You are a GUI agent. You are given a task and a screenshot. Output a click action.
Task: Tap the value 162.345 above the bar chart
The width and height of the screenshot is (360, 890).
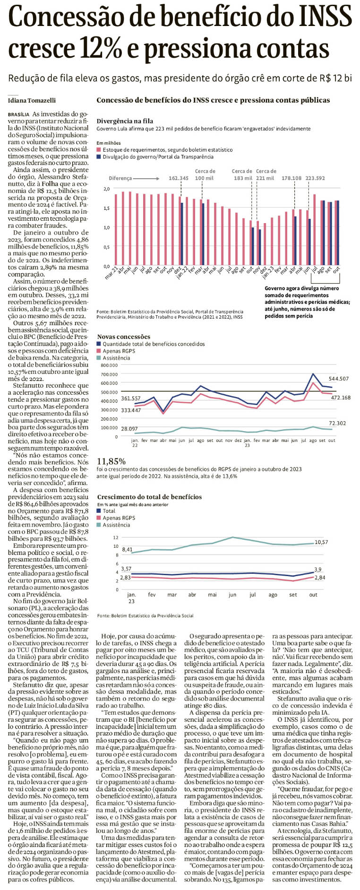tap(179, 178)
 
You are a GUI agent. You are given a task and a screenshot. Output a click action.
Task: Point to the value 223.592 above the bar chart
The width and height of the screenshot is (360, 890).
tap(315, 178)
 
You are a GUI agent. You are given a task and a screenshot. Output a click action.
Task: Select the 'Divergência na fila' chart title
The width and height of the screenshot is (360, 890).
tap(125, 121)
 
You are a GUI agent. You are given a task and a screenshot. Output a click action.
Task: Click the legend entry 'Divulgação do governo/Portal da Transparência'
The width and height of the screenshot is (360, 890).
tap(158, 156)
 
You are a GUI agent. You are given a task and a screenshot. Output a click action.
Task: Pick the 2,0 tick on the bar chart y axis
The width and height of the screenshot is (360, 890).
tap(106, 189)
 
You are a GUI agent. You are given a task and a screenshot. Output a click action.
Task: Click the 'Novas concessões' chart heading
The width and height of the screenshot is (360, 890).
tap(124, 337)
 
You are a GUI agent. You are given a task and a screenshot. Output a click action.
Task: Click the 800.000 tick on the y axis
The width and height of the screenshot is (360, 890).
tap(109, 365)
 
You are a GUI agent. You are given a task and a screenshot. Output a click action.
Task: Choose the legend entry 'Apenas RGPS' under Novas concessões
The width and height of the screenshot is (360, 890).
tap(119, 351)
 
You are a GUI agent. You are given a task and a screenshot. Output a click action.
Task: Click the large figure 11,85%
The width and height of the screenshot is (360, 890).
tap(111, 461)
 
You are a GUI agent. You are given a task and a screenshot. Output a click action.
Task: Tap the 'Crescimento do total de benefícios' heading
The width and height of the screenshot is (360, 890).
tap(149, 497)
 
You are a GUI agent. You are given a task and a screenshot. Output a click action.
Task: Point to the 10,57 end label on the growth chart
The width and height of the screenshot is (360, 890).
tap(321, 542)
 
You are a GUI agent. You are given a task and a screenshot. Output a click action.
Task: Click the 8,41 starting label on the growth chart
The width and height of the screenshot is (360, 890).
tap(127, 550)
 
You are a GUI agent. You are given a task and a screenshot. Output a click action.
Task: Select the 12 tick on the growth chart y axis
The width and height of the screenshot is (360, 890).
tap(115, 537)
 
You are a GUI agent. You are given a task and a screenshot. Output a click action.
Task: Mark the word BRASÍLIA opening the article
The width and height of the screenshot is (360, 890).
tap(19, 114)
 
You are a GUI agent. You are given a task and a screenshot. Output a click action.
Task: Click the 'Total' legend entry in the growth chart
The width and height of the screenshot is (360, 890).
tap(109, 510)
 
